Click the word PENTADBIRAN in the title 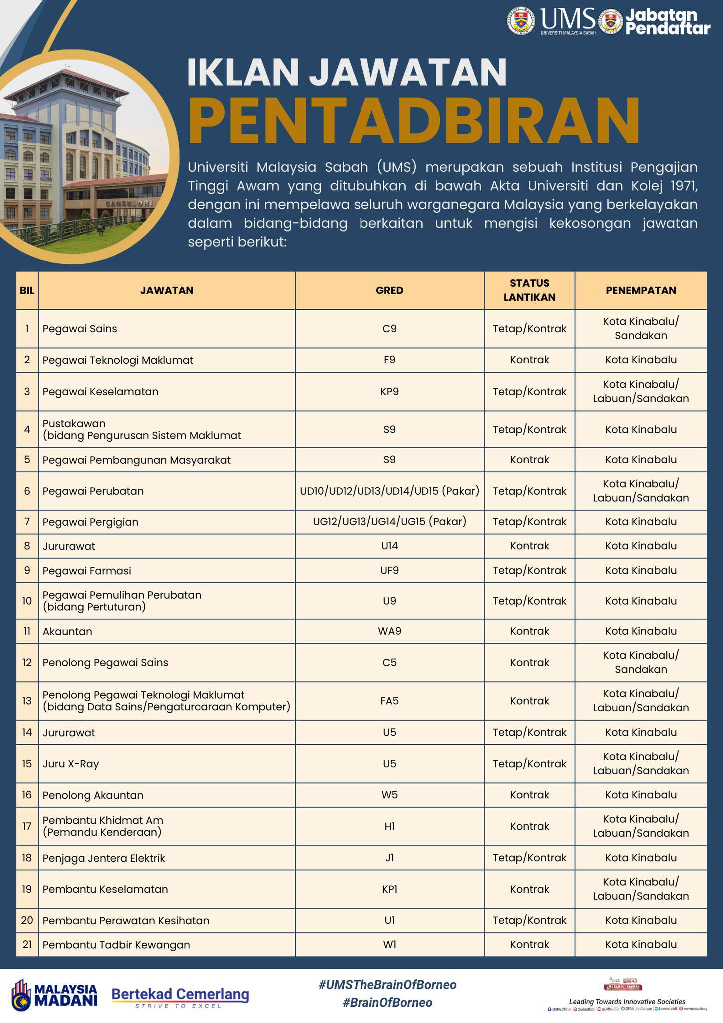pyautogui.click(x=414, y=121)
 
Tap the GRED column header pyautogui.click(x=389, y=290)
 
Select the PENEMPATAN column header pyautogui.click(x=641, y=290)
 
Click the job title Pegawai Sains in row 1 pyautogui.click(x=80, y=329)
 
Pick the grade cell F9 pyautogui.click(x=389, y=360)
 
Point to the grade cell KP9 pyautogui.click(x=389, y=391)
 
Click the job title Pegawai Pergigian pyautogui.click(x=90, y=522)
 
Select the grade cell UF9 pyautogui.click(x=389, y=570)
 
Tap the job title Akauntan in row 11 pyautogui.click(x=67, y=631)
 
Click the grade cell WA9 pyautogui.click(x=389, y=631)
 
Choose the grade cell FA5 pyautogui.click(x=389, y=701)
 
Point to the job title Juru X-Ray pyautogui.click(x=71, y=764)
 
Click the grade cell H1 pyautogui.click(x=389, y=826)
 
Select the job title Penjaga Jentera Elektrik pyautogui.click(x=104, y=858)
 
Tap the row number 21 pyautogui.click(x=27, y=944)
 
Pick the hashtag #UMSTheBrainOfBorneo pyautogui.click(x=387, y=985)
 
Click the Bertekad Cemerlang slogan pyautogui.click(x=180, y=995)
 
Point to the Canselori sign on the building pyautogui.click(x=128, y=204)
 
